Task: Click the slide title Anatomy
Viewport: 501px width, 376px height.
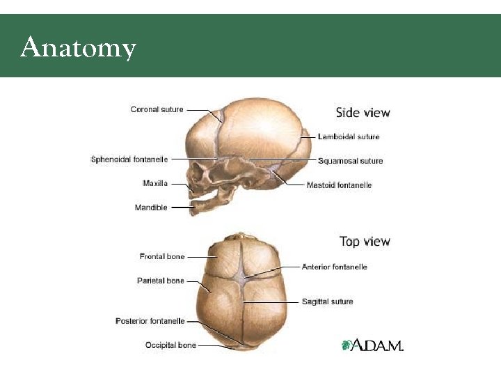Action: click(78, 48)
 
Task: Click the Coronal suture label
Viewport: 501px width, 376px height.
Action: click(157, 109)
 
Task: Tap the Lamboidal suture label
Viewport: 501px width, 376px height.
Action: click(349, 136)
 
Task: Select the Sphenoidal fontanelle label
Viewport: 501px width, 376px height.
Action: click(129, 159)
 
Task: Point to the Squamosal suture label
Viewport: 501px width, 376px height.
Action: click(350, 161)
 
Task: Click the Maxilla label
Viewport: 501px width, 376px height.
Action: click(154, 184)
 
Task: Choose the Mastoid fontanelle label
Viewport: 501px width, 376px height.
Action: click(339, 185)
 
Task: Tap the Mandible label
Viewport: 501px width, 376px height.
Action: click(151, 207)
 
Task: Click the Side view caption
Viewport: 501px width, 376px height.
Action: click(363, 113)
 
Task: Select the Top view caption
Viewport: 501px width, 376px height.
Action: click(365, 242)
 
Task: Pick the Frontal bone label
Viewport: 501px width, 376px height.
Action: click(162, 257)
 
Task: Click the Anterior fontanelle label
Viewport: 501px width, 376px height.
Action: click(334, 267)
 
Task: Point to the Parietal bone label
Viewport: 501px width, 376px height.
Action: click(161, 281)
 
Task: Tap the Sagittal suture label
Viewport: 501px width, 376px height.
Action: click(327, 301)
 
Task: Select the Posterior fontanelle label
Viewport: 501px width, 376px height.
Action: click(150, 321)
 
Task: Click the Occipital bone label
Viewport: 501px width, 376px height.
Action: click(170, 345)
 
